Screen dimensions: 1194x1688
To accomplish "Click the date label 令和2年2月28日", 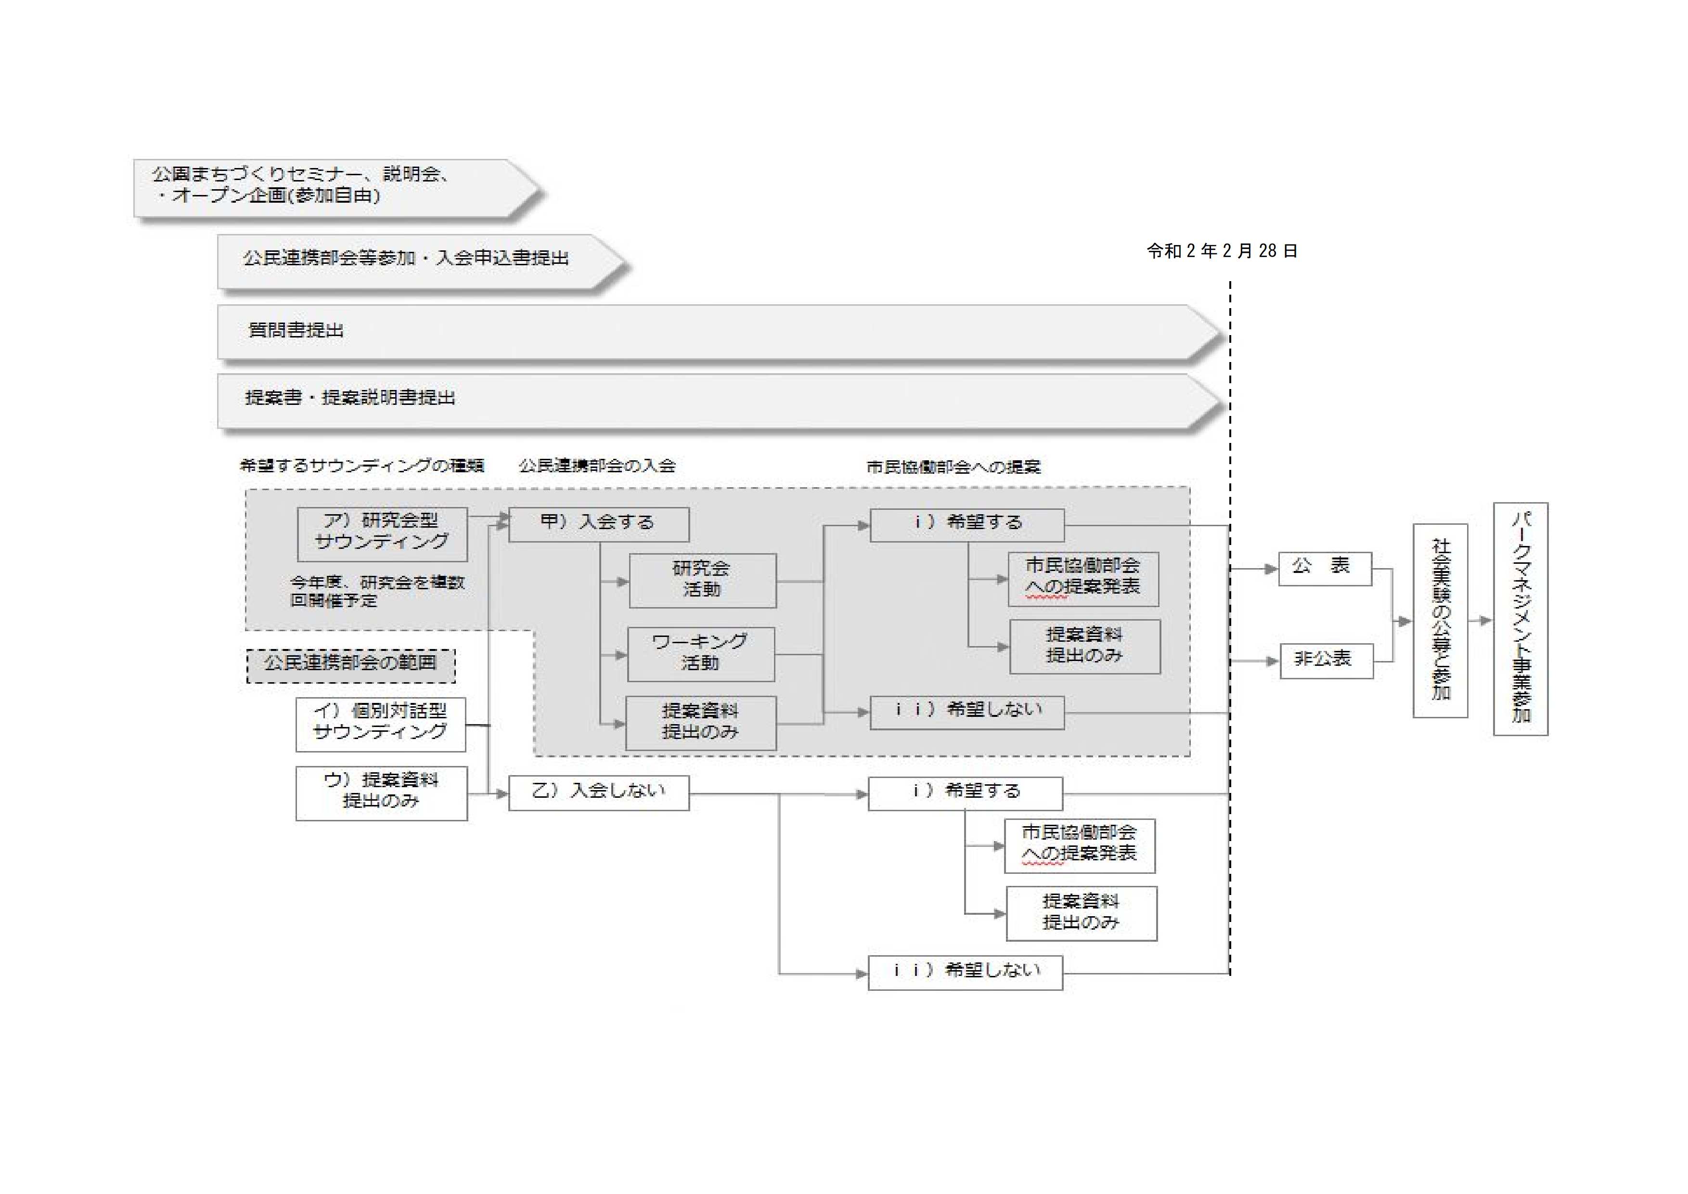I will point(1222,251).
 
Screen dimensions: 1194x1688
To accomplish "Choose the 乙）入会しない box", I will point(598,792).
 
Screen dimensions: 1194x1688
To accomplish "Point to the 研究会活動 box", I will point(702,580).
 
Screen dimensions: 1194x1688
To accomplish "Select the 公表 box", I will point(1324,568).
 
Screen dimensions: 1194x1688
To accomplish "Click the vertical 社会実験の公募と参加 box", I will point(1440,620).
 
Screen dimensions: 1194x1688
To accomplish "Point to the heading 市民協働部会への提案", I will point(953,467).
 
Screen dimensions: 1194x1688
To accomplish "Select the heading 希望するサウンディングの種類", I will point(362,466).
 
